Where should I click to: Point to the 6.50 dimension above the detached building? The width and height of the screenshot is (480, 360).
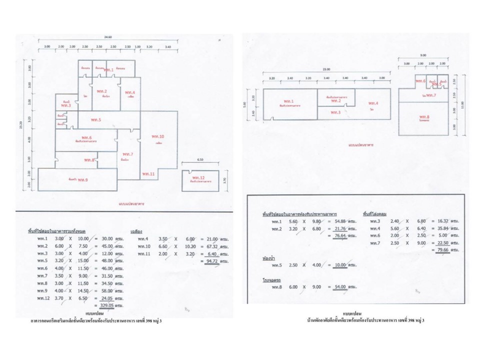click(x=199, y=159)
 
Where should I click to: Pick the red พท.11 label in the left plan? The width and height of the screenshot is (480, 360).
click(x=148, y=173)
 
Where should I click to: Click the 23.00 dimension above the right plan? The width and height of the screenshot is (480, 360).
click(x=326, y=69)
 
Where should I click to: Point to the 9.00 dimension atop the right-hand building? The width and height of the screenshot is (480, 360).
click(x=423, y=55)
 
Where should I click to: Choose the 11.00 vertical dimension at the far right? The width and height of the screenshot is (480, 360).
click(x=462, y=104)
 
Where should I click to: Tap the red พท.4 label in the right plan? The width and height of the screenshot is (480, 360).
click(x=373, y=103)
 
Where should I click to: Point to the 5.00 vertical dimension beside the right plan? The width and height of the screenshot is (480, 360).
click(x=244, y=104)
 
